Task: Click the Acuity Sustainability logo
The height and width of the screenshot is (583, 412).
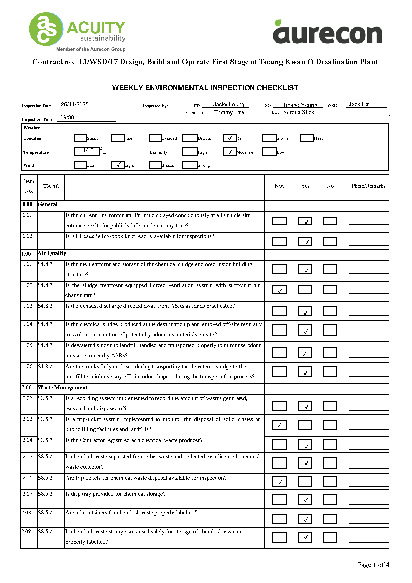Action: pyautogui.click(x=77, y=32)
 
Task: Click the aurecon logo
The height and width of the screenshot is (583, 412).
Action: pyautogui.click(x=327, y=32)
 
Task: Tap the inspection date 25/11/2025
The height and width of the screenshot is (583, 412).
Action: pyautogui.click(x=75, y=105)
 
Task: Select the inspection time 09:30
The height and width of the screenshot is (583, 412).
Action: pyautogui.click(x=67, y=118)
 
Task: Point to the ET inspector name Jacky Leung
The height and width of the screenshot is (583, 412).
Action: pyautogui.click(x=229, y=105)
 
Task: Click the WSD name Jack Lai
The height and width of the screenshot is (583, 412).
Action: pyautogui.click(x=359, y=104)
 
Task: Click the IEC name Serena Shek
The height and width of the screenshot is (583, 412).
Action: pyautogui.click(x=299, y=112)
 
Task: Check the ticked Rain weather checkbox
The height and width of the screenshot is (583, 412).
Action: pyautogui.click(x=229, y=138)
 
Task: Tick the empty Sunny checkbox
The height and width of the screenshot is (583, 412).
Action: pyautogui.click(x=80, y=138)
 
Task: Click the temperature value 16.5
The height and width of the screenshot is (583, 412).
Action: pyautogui.click(x=88, y=151)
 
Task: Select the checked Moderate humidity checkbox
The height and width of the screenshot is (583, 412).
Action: pyautogui.click(x=229, y=152)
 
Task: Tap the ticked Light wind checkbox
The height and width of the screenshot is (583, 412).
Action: pyautogui.click(x=118, y=165)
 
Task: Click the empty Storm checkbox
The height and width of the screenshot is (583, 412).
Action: pyautogui.click(x=269, y=138)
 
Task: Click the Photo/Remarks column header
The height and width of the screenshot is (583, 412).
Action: pyautogui.click(x=368, y=186)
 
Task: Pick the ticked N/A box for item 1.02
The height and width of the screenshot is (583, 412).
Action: pyautogui.click(x=279, y=290)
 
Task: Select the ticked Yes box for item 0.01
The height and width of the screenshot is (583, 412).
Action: pyautogui.click(x=305, y=221)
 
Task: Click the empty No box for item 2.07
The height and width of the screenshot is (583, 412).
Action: pyautogui.click(x=330, y=500)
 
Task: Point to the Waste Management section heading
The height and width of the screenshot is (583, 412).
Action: pyautogui.click(x=63, y=388)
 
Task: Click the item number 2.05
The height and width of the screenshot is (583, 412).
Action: pyautogui.click(x=28, y=457)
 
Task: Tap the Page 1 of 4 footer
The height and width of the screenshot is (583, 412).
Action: pyautogui.click(x=373, y=565)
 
